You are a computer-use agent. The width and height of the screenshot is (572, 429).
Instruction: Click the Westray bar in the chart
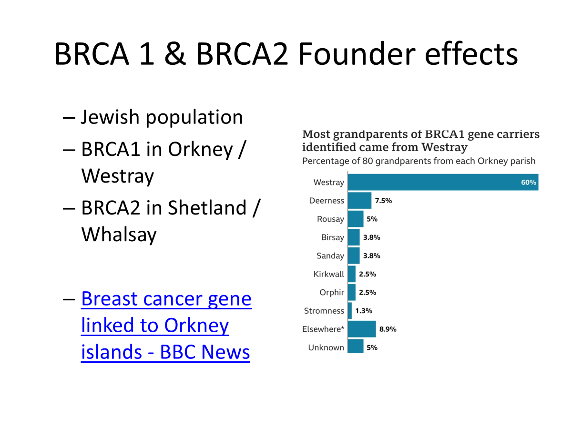[443, 182]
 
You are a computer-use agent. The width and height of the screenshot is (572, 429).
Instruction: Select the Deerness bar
[360, 201]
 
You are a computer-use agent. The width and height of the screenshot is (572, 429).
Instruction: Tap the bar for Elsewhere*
[362, 329]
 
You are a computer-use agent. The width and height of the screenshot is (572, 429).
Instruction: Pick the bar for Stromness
[350, 311]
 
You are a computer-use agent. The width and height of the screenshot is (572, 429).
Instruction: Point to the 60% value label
[529, 182]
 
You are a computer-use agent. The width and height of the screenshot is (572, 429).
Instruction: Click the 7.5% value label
[383, 201]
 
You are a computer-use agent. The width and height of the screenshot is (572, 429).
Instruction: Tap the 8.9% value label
[388, 329]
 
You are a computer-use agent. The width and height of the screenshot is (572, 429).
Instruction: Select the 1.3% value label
[363, 311]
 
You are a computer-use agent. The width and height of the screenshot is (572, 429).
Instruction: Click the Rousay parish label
[330, 219]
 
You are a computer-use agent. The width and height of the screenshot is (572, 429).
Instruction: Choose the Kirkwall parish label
[328, 274]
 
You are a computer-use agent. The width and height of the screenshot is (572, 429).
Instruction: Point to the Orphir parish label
[331, 292]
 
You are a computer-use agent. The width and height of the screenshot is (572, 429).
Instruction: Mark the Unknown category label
[326, 347]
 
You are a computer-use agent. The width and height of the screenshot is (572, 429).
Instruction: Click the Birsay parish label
[332, 237]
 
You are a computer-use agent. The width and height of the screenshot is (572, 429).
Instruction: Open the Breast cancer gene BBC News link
[166, 325]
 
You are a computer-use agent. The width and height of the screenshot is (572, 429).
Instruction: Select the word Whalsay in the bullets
[119, 234]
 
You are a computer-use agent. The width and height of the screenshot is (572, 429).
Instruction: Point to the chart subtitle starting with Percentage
[419, 161]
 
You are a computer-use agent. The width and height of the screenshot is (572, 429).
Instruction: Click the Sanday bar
[354, 255]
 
